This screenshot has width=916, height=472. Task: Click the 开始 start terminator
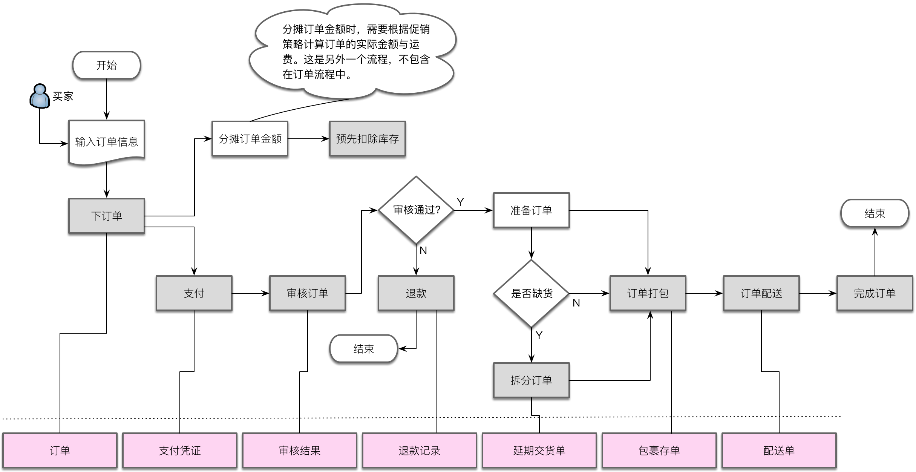[x=107, y=65]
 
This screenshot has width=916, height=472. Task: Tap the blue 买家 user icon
[x=40, y=96]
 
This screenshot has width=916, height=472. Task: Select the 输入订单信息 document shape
[x=107, y=142]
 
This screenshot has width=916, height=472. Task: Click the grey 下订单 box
[x=107, y=216]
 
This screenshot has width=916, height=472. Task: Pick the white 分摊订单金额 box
[x=250, y=139]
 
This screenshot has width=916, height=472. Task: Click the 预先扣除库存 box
[x=368, y=139]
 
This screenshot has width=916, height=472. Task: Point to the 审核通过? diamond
[x=416, y=210]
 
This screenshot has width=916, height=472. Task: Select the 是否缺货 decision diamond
[x=532, y=293]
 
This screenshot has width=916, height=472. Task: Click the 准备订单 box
[x=532, y=210]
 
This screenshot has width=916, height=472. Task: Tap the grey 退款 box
[x=416, y=293]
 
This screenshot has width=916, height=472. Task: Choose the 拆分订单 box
[x=532, y=380]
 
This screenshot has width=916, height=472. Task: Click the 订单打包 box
[x=648, y=293]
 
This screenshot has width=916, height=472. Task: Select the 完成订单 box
[x=875, y=293]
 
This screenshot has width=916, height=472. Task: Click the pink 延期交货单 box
[x=539, y=451]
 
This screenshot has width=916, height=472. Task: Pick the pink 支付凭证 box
[x=180, y=451]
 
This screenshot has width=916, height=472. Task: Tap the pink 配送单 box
[x=779, y=451]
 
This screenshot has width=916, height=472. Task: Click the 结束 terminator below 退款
[x=364, y=349]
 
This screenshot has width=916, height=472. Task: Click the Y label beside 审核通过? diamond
[x=460, y=202]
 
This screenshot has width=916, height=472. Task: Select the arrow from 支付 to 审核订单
[x=251, y=293]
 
